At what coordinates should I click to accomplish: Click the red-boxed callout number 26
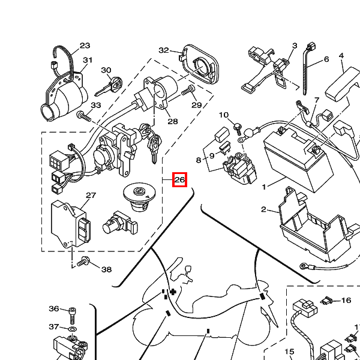[179, 179]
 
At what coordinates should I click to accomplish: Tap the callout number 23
[85, 46]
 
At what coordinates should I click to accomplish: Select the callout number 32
[164, 50]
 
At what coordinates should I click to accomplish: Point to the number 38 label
[106, 269]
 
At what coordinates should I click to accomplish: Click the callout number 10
[224, 115]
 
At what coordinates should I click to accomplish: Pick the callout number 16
[346, 301]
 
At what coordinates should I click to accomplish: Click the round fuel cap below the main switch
[139, 196]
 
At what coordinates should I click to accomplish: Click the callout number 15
[289, 352]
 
